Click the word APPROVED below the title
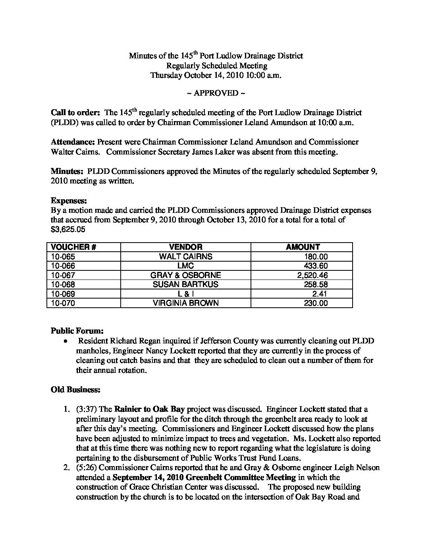tap(216, 93)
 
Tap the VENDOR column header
tap(185, 247)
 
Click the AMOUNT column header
tap(303, 247)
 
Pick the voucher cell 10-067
tap(63, 275)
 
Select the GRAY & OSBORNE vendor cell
tap(185, 275)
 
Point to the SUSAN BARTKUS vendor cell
tap(185, 285)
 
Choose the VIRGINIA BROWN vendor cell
tap(185, 303)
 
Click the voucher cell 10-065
tap(63, 256)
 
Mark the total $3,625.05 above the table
tap(68, 229)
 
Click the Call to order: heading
tap(75, 113)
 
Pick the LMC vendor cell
tap(185, 266)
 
